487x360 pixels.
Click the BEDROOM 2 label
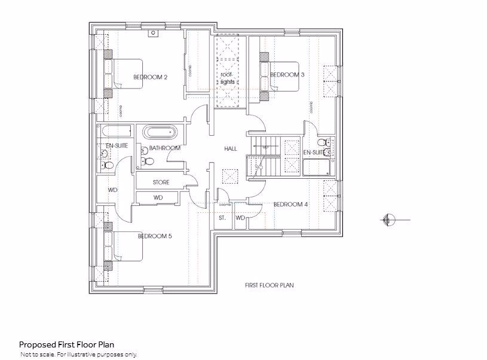149,77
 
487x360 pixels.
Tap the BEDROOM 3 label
287,75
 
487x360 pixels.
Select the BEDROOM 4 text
290,205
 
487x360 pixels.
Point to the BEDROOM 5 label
155,236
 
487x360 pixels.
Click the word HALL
230,148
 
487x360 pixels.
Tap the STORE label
161,182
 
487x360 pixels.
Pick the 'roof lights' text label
227,78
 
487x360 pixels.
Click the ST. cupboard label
222,219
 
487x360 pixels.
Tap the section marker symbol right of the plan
387,221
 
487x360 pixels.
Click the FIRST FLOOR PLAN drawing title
269,285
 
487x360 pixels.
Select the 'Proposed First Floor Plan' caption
66,344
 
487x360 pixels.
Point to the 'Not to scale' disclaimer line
79,355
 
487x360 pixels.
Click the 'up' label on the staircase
265,146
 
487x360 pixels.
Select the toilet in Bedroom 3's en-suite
323,143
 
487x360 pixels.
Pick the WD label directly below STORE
158,197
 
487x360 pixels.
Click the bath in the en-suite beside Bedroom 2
114,132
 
